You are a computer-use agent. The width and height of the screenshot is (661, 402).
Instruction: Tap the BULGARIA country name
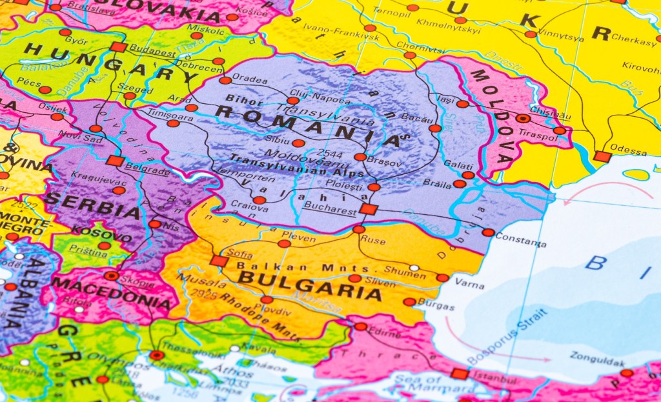click(310, 286)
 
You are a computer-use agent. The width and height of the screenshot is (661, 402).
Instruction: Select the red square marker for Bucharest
click(368, 208)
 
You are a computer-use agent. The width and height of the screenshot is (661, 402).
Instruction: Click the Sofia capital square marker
click(219, 261)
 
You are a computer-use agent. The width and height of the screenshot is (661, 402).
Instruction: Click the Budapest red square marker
click(117, 46)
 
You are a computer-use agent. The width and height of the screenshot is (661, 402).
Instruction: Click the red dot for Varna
click(442, 277)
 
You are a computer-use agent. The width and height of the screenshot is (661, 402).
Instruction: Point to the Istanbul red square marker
click(460, 373)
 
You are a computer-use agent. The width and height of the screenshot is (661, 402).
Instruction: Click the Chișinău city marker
click(523, 118)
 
